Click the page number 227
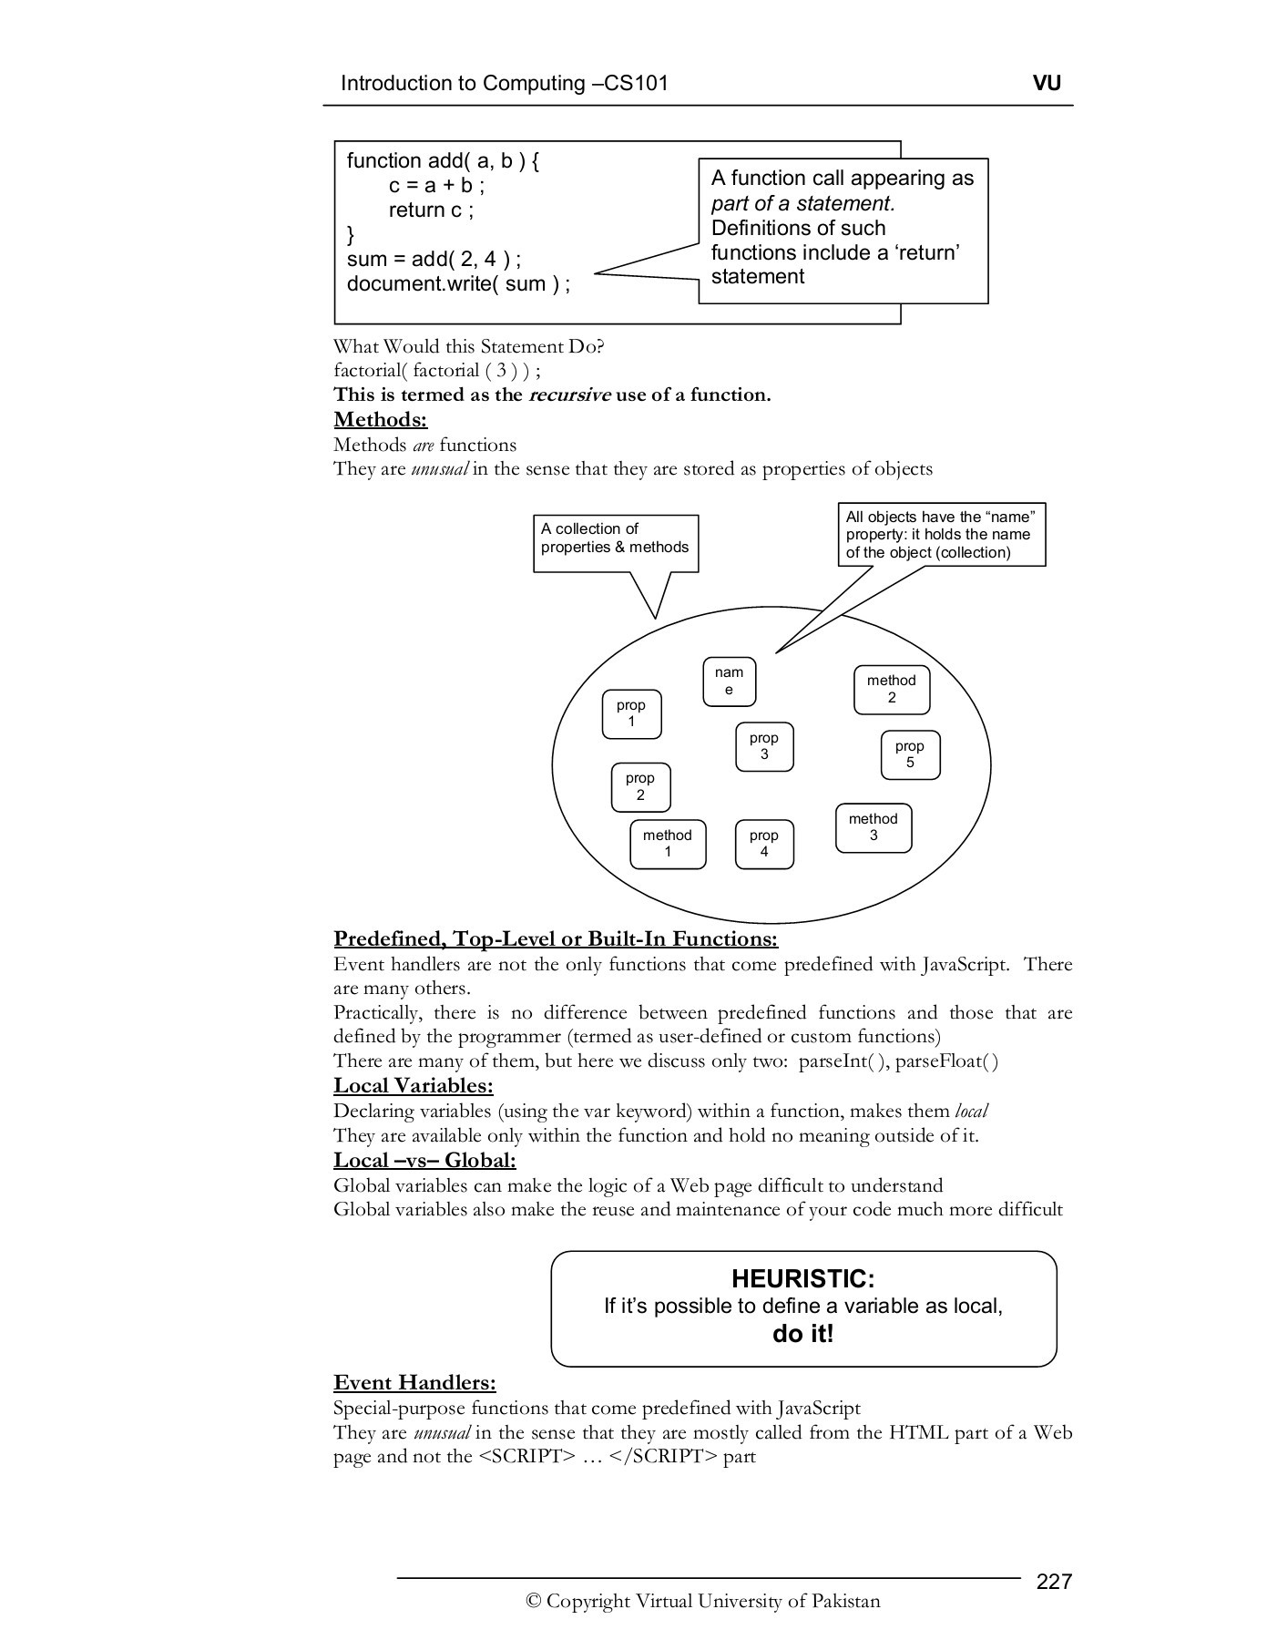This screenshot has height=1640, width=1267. click(1054, 1580)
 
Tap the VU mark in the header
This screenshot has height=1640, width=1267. click(1047, 83)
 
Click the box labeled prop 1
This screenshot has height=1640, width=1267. click(630, 713)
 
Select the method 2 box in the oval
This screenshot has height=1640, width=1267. click(891, 690)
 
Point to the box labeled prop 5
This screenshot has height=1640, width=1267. click(909, 754)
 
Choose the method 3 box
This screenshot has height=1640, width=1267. click(873, 827)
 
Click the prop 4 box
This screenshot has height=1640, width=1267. click(763, 844)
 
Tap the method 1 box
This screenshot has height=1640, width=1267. click(667, 844)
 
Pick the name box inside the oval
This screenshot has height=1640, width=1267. click(729, 682)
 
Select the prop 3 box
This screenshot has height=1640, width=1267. click(763, 746)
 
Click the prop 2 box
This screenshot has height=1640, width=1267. click(639, 786)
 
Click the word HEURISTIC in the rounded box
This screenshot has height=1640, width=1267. click(802, 1278)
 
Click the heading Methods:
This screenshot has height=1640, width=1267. click(380, 419)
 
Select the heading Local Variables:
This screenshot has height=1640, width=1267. click(413, 1085)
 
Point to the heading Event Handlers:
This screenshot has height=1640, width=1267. click(414, 1382)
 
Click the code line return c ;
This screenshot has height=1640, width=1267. click(431, 210)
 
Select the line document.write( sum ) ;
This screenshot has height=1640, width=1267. click(458, 283)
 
